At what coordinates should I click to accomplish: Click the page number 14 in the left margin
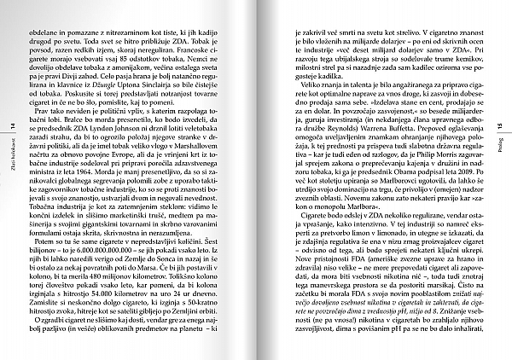click(x=11, y=125)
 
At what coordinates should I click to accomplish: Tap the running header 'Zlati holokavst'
click(x=11, y=162)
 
